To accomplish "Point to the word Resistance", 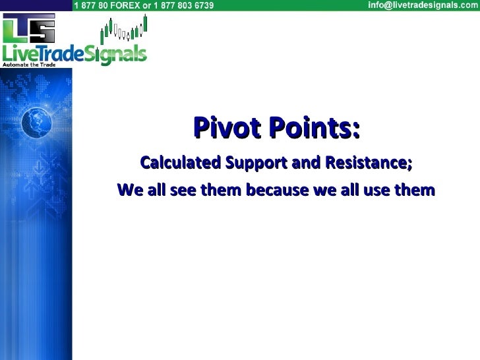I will point(368,162).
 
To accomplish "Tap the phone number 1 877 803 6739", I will point(184,6).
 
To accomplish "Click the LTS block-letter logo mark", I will point(28,30).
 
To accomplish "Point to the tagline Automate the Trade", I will point(29,65).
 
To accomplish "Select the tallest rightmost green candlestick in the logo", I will point(144,24).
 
